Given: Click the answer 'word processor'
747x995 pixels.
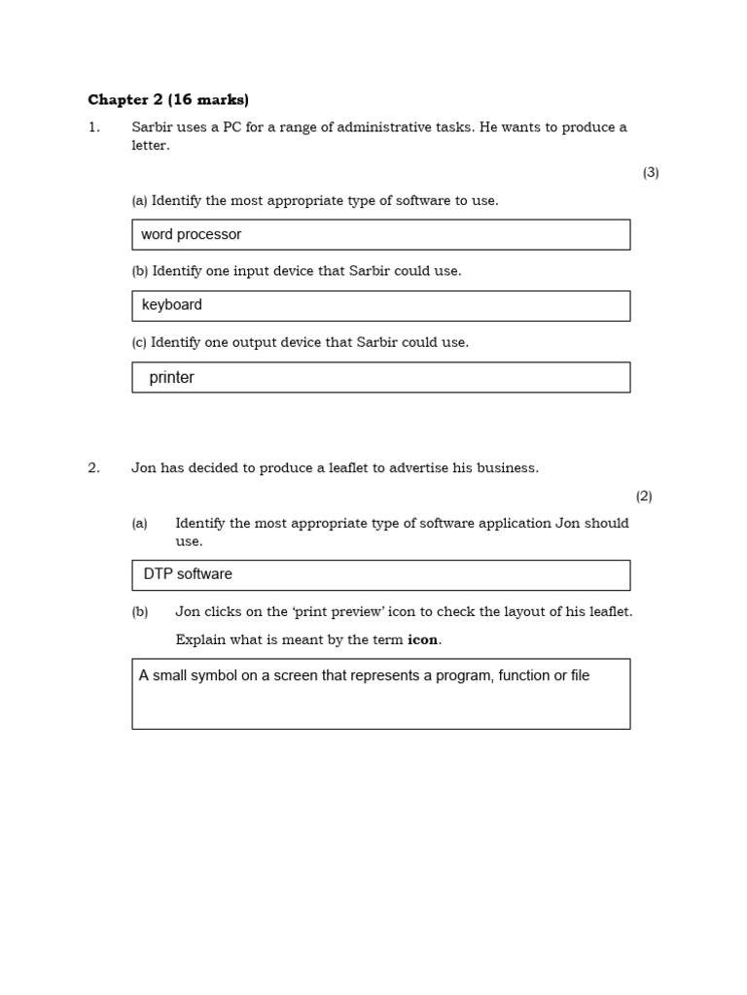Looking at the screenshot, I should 192,234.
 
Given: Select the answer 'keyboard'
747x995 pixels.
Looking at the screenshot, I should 172,305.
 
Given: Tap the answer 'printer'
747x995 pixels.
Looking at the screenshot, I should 172,378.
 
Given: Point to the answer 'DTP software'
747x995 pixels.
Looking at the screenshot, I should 188,574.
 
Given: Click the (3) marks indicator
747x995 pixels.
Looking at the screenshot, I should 651,173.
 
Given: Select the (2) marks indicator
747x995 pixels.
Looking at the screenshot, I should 644,496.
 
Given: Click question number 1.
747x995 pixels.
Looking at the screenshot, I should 93,127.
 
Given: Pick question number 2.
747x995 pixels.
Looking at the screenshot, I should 93,467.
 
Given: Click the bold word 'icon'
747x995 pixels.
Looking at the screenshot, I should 423,639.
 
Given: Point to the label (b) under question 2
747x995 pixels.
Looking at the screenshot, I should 140,612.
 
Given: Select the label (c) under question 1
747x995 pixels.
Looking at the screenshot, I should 139,342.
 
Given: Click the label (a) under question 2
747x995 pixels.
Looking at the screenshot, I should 140,523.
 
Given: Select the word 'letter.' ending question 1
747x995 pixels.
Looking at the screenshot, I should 151,146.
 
